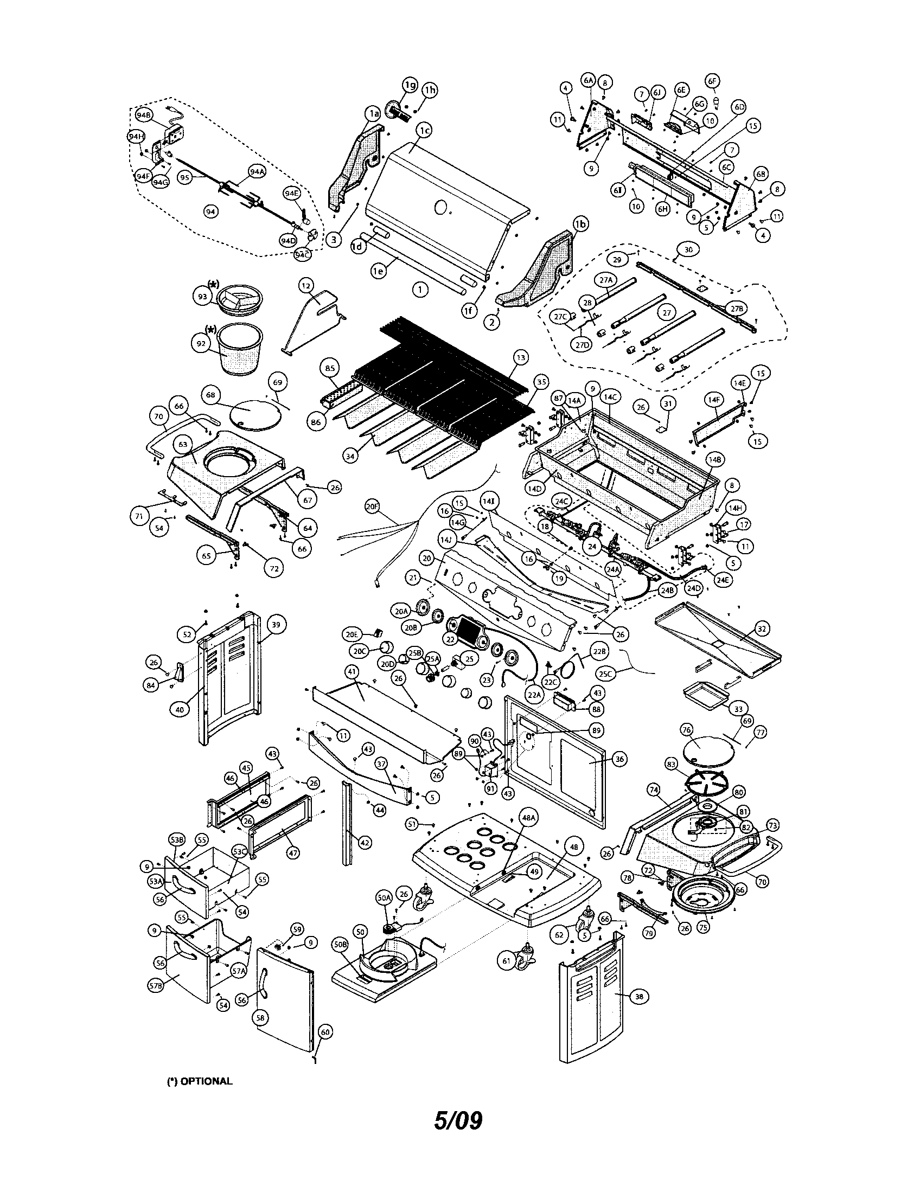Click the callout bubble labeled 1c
coord(425,130)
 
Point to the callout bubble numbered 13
coord(521,357)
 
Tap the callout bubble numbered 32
coord(762,628)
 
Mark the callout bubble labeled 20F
coord(372,507)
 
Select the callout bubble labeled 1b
coord(581,224)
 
